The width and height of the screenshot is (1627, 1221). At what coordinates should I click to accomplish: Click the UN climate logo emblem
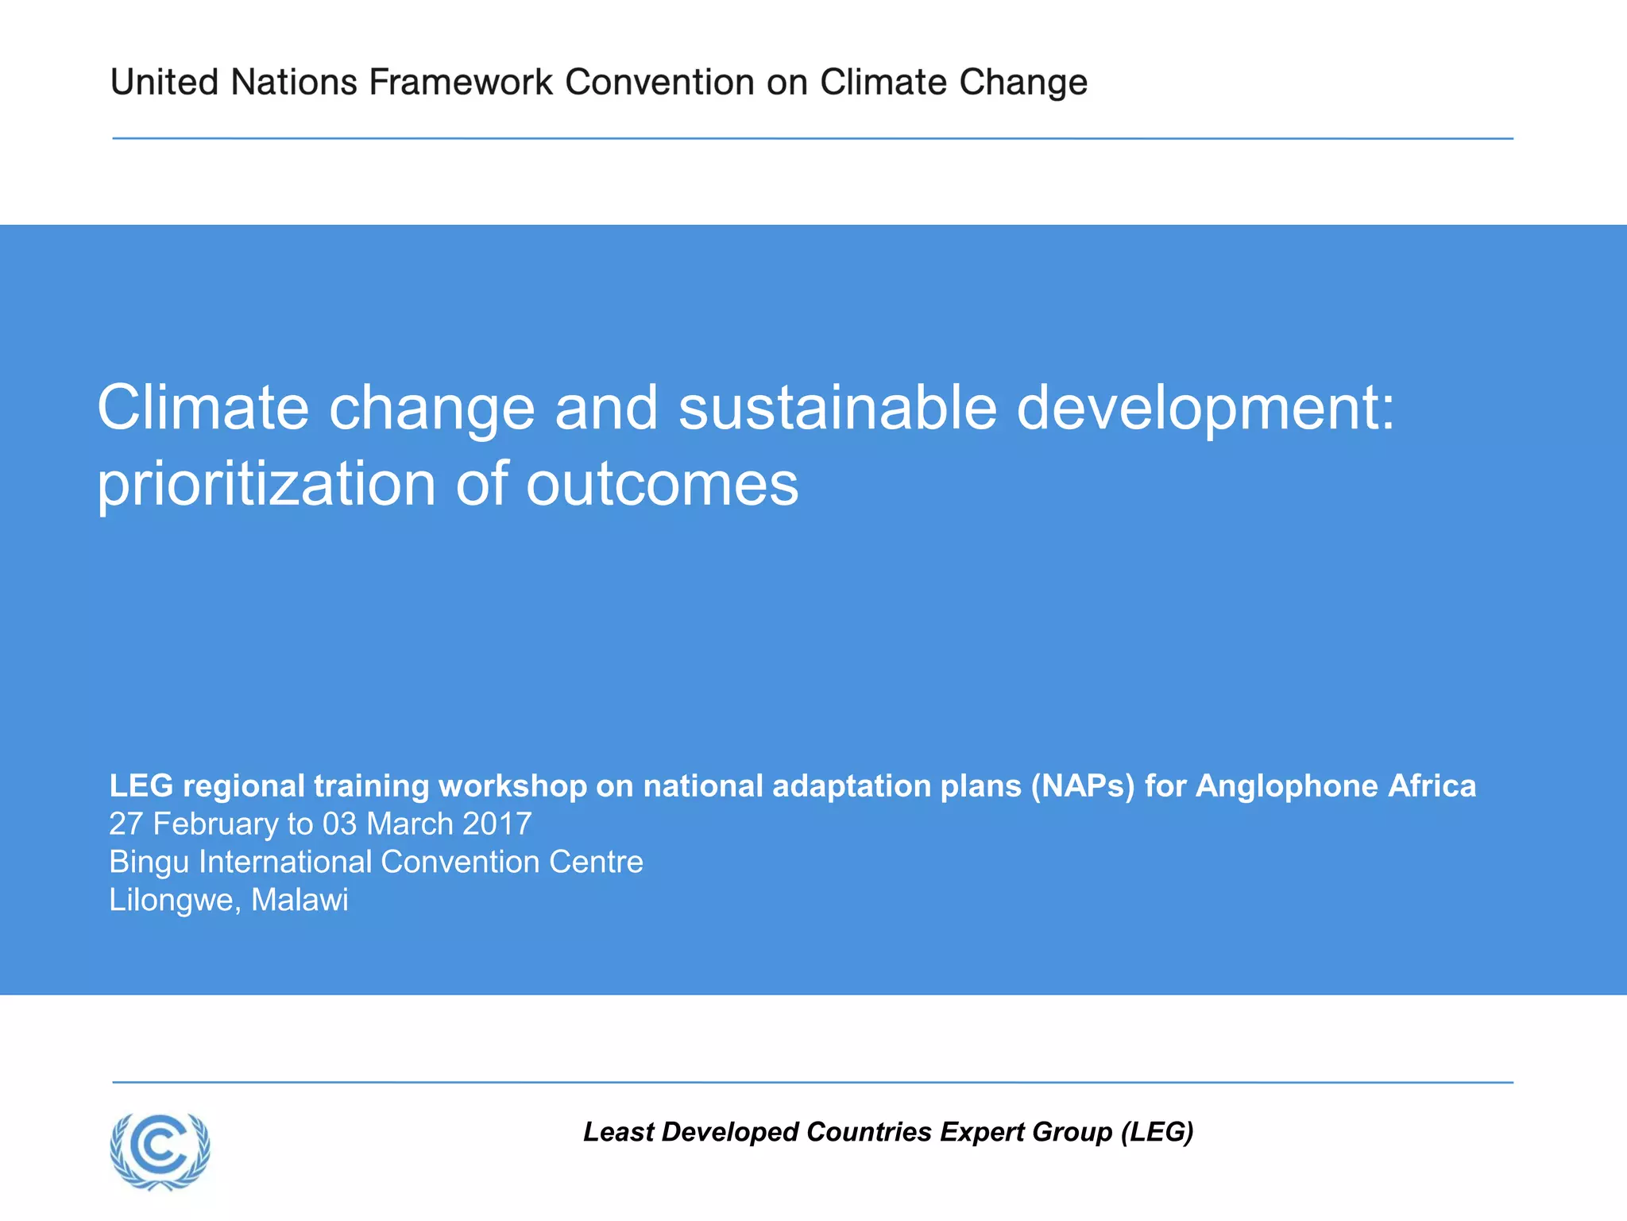pyautogui.click(x=160, y=1150)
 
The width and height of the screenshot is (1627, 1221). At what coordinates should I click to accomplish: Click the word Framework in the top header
pyautogui.click(x=461, y=82)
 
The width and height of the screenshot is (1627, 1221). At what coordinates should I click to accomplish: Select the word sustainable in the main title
pyautogui.click(x=837, y=408)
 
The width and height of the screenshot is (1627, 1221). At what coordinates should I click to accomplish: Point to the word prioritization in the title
pyautogui.click(x=267, y=485)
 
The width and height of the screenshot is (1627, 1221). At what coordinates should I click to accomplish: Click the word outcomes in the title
pyautogui.click(x=663, y=485)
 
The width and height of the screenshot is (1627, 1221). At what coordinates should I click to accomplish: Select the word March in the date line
pyautogui.click(x=410, y=824)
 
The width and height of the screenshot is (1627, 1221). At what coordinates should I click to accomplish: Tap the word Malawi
pyautogui.click(x=300, y=900)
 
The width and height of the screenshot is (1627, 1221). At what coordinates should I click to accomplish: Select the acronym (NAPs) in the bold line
pyautogui.click(x=1084, y=786)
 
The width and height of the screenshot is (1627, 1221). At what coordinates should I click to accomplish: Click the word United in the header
pyautogui.click(x=164, y=82)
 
